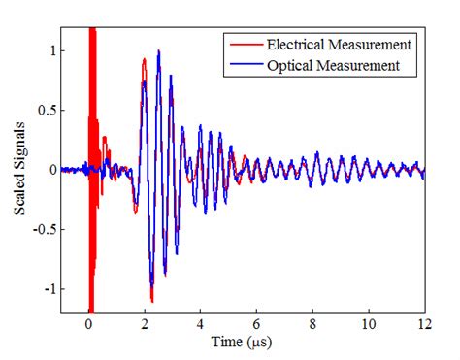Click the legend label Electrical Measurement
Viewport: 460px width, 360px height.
tap(342, 44)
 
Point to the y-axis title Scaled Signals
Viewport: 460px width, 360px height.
tap(20, 171)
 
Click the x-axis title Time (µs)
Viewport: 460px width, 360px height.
tap(243, 343)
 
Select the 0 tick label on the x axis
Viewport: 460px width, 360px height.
tap(88, 323)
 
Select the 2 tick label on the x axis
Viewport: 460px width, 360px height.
tap(145, 323)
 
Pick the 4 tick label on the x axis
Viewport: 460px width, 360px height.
tap(201, 323)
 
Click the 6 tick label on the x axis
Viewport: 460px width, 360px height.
tap(256, 323)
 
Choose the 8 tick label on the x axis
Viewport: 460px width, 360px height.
tap(312, 323)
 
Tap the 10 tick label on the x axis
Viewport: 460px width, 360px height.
tap(368, 323)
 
